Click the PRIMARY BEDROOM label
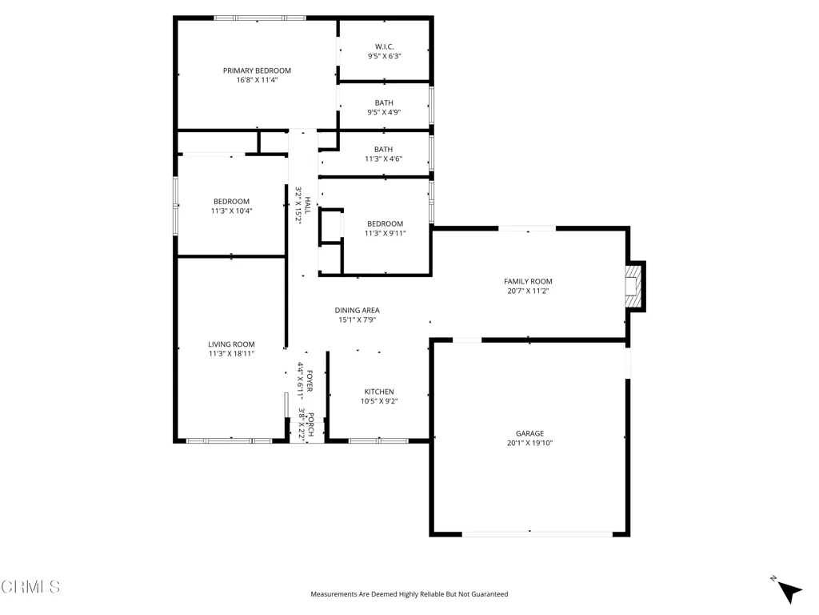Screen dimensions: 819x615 coord(257,70)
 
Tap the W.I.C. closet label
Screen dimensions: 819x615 coord(385,46)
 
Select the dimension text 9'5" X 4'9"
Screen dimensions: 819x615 coord(384,112)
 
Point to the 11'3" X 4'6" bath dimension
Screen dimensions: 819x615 coord(383,159)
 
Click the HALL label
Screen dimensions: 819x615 coord(308,204)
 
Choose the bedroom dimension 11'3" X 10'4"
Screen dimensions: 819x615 coord(231,211)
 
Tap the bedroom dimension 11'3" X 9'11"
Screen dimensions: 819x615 coord(385,233)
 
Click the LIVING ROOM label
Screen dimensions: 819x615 coord(231,344)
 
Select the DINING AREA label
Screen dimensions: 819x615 coord(358,310)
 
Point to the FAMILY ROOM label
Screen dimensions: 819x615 coord(528,281)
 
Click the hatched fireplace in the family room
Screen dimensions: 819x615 coord(633,287)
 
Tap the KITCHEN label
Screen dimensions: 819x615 coord(379,392)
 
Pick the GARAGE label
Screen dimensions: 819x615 coord(529,433)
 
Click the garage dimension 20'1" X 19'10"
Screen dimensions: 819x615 coord(529,443)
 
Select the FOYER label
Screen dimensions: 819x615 coord(310,380)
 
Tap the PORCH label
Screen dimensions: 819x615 coord(310,424)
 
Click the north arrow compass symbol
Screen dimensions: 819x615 coord(788,590)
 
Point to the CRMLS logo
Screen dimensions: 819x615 coord(30,587)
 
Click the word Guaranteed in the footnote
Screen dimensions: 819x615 coord(490,594)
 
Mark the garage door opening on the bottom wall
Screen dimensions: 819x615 coord(537,534)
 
